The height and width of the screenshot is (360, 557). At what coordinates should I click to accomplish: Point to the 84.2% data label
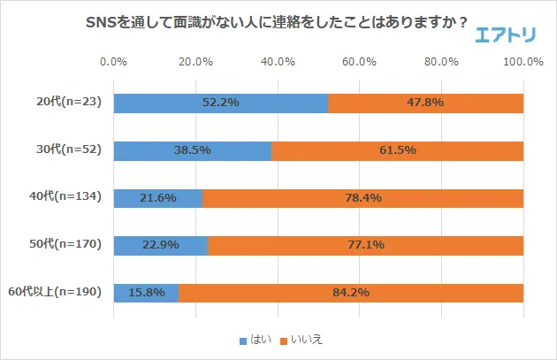pyautogui.click(x=351, y=292)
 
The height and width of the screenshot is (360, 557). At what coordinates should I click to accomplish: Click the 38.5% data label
pyautogui.click(x=193, y=150)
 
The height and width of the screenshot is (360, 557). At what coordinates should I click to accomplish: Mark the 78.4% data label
pyautogui.click(x=363, y=197)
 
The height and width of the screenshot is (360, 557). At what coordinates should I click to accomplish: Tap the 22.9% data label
pyautogui.click(x=160, y=244)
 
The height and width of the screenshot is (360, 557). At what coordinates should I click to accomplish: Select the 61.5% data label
pyautogui.click(x=398, y=150)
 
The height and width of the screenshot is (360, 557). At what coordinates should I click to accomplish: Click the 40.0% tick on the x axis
pyautogui.click(x=278, y=62)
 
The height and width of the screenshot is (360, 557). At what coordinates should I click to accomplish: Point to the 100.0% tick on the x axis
pyautogui.click(x=523, y=62)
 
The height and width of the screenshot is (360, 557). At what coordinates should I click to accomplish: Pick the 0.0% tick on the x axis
pyautogui.click(x=114, y=62)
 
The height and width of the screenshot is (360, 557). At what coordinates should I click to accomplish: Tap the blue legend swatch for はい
pyautogui.click(x=243, y=340)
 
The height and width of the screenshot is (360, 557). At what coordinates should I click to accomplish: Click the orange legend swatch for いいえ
pyautogui.click(x=285, y=340)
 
